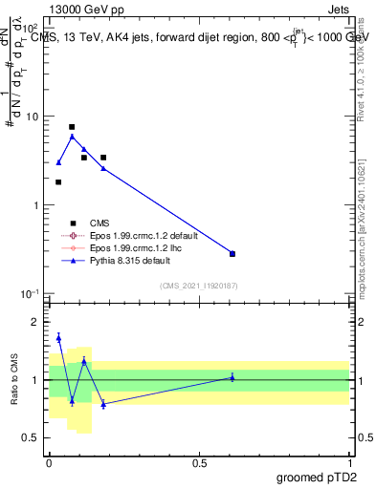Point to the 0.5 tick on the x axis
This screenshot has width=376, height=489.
199,462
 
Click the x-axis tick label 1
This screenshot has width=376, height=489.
349,462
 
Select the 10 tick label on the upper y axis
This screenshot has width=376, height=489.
33,117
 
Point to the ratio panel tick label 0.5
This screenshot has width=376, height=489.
33,437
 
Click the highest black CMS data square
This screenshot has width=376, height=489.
72,127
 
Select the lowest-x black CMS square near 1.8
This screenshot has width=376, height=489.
58,181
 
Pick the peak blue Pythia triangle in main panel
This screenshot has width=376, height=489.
72,137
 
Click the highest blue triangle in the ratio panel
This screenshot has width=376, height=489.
58,337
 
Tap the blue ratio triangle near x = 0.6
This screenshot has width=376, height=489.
232,377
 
